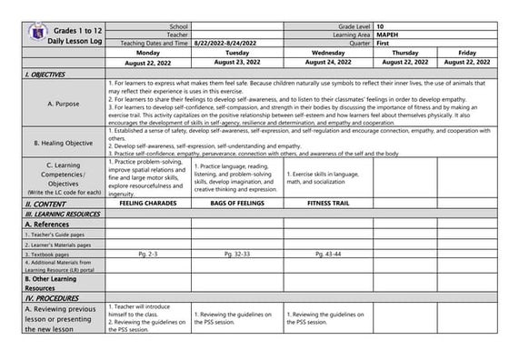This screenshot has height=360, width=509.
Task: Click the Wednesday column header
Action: (327, 53)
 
